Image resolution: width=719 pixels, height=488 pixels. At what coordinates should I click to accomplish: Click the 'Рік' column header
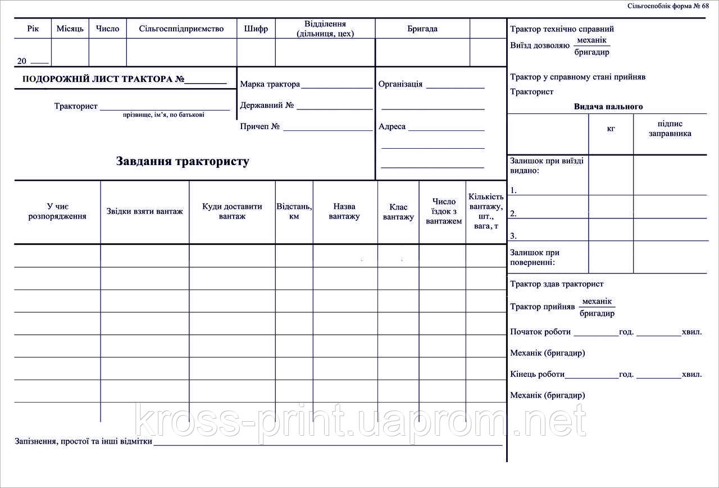click(x=33, y=29)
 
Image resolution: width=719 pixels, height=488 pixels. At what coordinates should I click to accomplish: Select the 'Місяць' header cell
click(x=70, y=29)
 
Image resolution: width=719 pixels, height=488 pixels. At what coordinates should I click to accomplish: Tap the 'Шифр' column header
click(x=256, y=29)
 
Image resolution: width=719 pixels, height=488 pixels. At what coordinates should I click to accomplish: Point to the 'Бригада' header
click(x=422, y=29)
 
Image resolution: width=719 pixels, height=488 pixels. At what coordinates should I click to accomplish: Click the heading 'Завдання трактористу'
click(x=183, y=162)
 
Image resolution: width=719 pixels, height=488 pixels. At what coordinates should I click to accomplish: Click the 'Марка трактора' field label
click(x=270, y=84)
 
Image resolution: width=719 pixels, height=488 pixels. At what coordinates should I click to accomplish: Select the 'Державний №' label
click(x=267, y=105)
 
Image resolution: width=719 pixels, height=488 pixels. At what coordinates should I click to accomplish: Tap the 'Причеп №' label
click(x=260, y=126)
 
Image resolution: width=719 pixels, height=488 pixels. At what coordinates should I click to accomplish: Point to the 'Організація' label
click(x=401, y=84)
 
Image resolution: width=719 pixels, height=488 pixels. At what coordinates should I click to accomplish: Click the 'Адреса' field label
click(x=392, y=126)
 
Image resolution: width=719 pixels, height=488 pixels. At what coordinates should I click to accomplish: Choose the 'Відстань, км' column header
click(x=294, y=211)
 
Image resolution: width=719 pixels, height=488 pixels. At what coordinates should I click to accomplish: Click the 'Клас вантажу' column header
click(x=398, y=212)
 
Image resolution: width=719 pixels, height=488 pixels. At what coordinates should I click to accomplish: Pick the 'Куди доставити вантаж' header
click(x=232, y=211)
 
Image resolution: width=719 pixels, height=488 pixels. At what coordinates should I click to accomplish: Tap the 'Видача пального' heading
click(x=608, y=107)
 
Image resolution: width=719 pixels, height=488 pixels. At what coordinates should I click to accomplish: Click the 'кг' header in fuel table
click(x=611, y=129)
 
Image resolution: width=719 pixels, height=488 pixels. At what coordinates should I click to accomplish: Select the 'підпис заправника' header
click(x=670, y=129)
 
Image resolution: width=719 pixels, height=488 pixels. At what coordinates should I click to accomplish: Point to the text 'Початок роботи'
click(x=540, y=332)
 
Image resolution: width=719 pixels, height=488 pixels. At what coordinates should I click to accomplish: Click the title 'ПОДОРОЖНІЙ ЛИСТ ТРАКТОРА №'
click(x=103, y=79)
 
